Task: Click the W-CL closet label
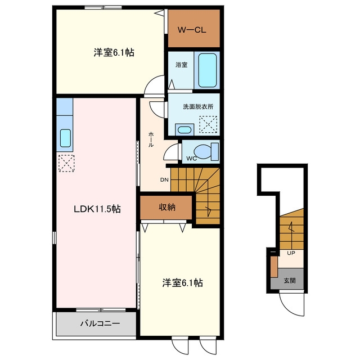(x=192, y=30)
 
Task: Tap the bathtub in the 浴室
(x=208, y=70)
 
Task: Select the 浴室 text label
(x=181, y=65)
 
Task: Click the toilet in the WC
(x=206, y=151)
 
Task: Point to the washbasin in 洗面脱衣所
(x=184, y=130)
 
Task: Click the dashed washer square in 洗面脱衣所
(x=208, y=124)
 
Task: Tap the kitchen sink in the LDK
(x=65, y=138)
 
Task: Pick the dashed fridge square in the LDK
(x=66, y=163)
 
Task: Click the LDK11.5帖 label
(x=97, y=209)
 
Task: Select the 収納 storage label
(x=167, y=207)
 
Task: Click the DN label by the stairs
(x=164, y=180)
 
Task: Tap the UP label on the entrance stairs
(x=291, y=253)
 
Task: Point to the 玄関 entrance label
(x=290, y=280)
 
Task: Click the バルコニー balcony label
(x=100, y=323)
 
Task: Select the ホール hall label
(x=151, y=139)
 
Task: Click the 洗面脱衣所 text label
(x=198, y=106)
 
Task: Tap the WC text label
(x=191, y=159)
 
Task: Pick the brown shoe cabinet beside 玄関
(x=274, y=267)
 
